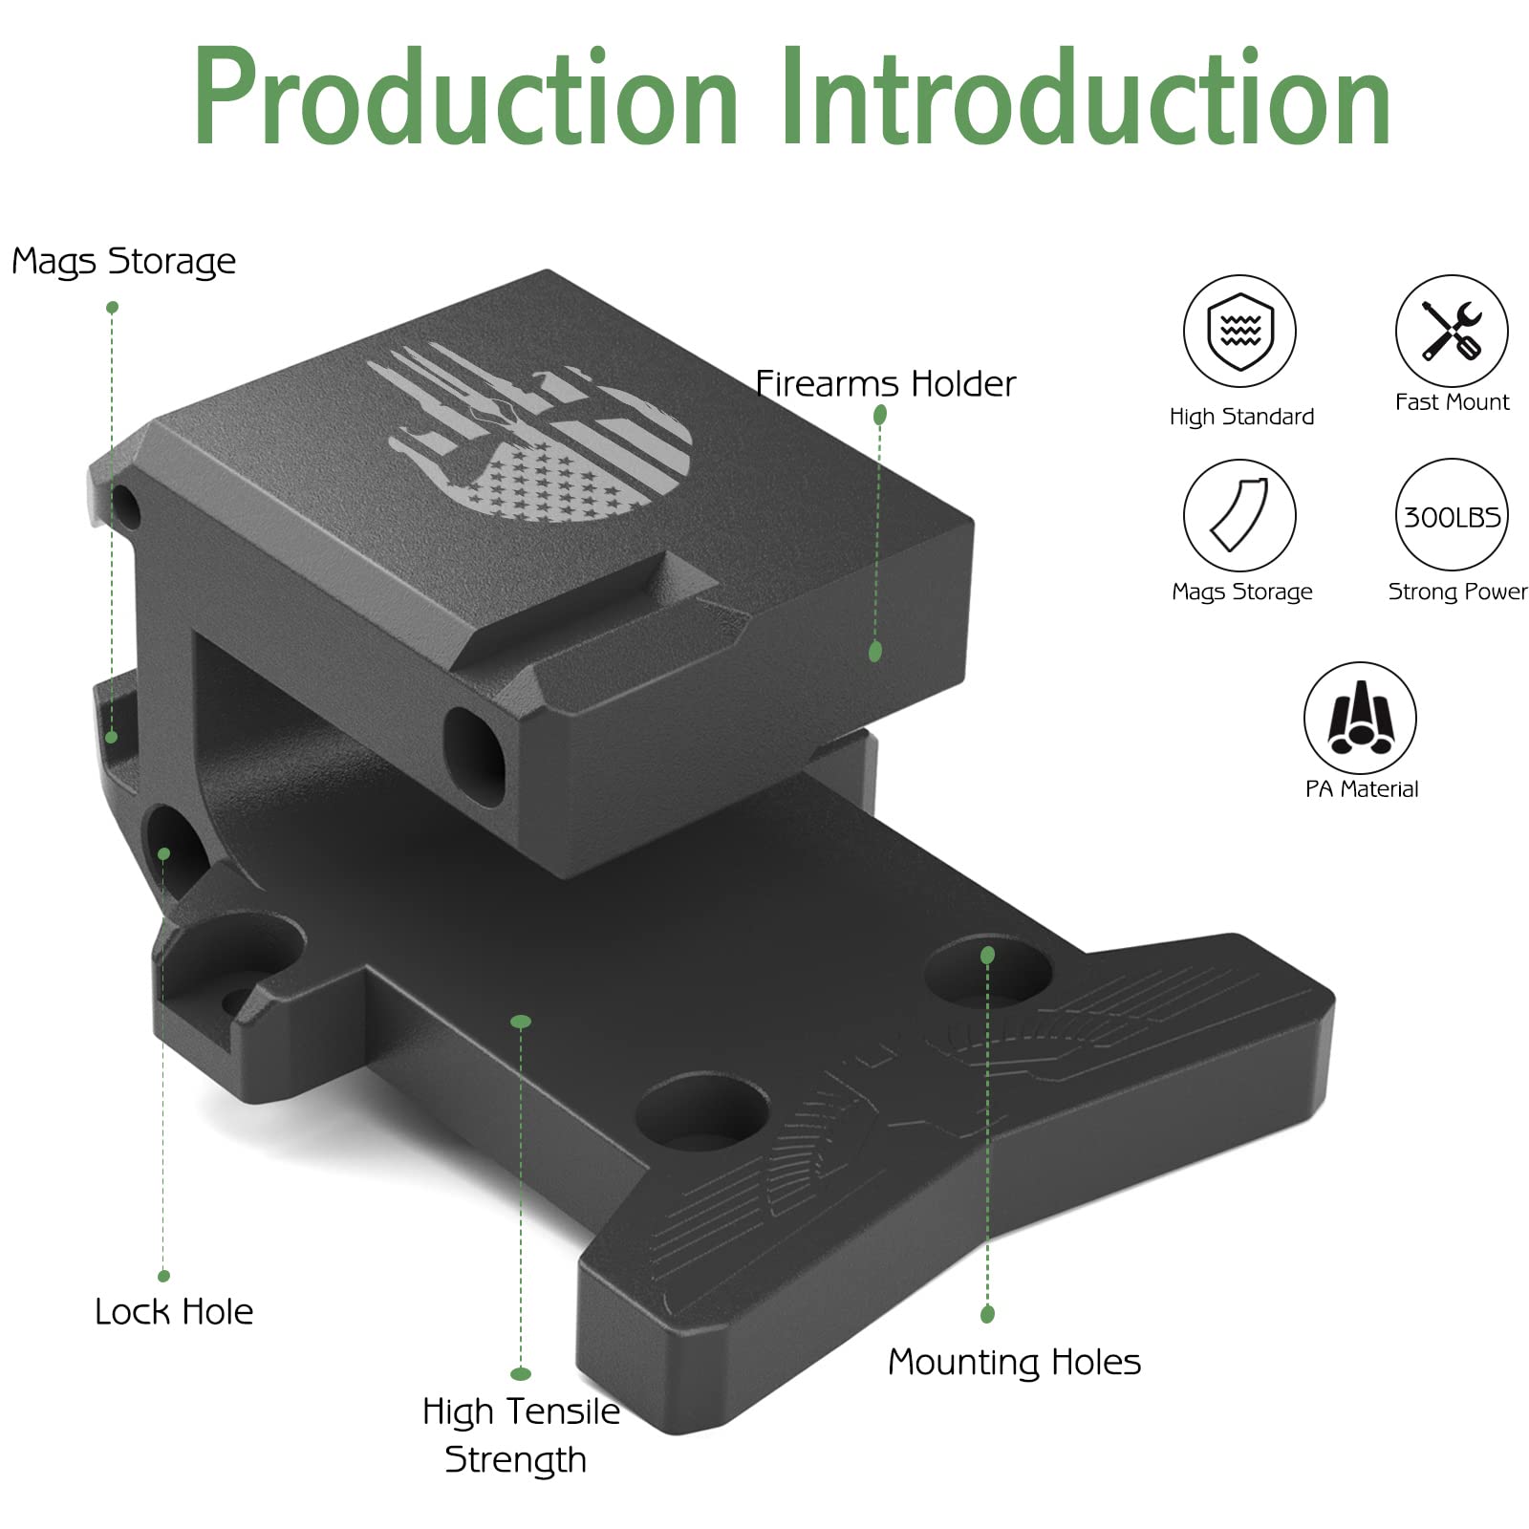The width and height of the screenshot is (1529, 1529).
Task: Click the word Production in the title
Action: pyautogui.click(x=465, y=97)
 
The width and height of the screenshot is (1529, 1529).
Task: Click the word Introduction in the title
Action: pyautogui.click(x=1085, y=97)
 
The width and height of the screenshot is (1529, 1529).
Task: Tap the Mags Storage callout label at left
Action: pyautogui.click(x=123, y=261)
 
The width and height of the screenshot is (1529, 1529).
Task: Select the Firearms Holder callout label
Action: pyautogui.click(x=885, y=384)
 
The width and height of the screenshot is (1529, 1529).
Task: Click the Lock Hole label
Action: pyautogui.click(x=174, y=1312)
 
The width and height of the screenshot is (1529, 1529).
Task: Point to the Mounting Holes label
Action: pyautogui.click(x=1014, y=1362)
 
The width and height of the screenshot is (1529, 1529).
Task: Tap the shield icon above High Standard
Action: pyautogui.click(x=1239, y=332)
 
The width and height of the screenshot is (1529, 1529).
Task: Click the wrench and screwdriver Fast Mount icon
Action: pyautogui.click(x=1452, y=331)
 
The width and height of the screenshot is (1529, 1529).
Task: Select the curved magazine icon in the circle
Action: pyautogui.click(x=1239, y=515)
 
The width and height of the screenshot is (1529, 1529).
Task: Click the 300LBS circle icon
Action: pyautogui.click(x=1452, y=516)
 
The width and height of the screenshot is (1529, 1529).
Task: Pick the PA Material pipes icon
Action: pyautogui.click(x=1360, y=718)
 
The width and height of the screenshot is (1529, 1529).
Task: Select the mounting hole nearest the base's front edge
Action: pyautogui.click(x=702, y=1113)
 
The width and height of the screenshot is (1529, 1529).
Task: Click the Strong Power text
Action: pyautogui.click(x=1457, y=592)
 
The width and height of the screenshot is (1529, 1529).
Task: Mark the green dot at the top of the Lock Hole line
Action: pyautogui.click(x=164, y=853)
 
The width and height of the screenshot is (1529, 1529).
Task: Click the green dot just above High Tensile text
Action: pyautogui.click(x=521, y=1374)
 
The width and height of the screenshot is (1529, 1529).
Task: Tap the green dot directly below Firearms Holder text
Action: pyautogui.click(x=880, y=415)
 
